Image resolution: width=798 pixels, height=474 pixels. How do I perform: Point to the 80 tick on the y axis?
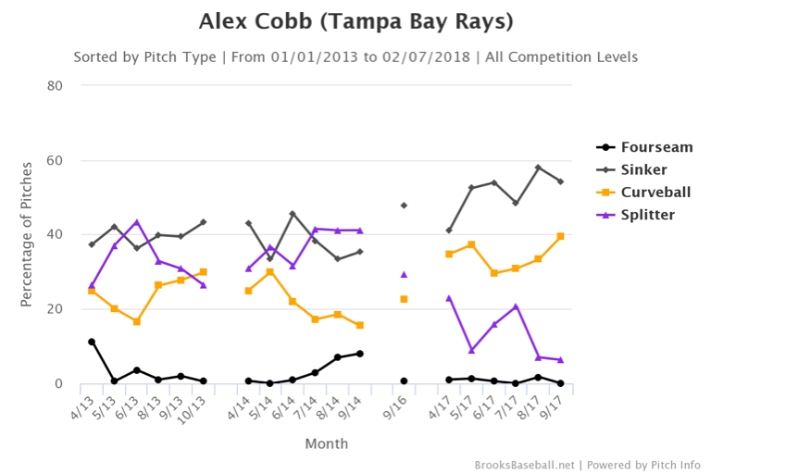(55, 86)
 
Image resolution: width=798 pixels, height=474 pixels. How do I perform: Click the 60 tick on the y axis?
(55, 160)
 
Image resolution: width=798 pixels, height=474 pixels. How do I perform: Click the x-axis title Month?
(327, 443)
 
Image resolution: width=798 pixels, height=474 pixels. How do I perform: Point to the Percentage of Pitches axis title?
(27, 234)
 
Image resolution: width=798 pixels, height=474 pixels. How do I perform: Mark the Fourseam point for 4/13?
(92, 342)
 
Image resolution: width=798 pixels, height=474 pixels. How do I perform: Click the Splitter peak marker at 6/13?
(136, 222)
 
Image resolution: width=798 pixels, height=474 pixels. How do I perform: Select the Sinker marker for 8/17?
(538, 168)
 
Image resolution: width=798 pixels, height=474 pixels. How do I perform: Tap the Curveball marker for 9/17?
(560, 236)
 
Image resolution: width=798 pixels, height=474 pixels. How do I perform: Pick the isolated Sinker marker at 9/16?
(404, 206)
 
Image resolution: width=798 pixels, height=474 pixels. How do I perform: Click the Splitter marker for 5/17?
(471, 350)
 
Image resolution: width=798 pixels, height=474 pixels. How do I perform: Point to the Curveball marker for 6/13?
(136, 321)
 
